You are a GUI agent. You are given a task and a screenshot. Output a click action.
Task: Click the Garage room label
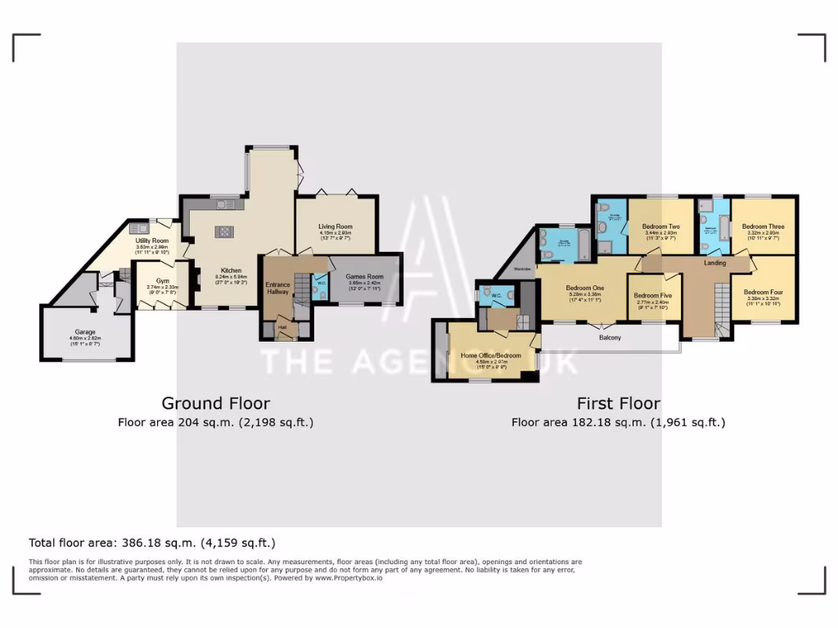(x=86, y=332)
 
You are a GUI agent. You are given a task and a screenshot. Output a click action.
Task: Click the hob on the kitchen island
(x=223, y=232)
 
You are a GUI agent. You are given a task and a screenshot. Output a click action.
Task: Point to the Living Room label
(x=336, y=227)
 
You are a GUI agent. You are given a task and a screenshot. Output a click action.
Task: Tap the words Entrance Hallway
(x=277, y=288)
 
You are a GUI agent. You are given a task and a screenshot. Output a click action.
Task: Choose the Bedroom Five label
(x=652, y=295)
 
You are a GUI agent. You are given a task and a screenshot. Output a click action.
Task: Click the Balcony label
(x=610, y=337)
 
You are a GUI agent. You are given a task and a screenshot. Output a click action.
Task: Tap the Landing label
(x=714, y=263)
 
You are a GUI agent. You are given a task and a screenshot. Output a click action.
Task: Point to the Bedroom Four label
(x=763, y=292)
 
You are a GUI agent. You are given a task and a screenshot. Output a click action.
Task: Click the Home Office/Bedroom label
(x=491, y=355)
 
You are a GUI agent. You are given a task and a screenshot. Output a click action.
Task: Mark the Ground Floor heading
(x=215, y=403)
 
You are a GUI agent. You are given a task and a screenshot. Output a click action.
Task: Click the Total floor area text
(x=152, y=542)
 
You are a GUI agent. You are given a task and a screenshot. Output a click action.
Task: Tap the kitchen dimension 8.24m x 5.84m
(x=230, y=277)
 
